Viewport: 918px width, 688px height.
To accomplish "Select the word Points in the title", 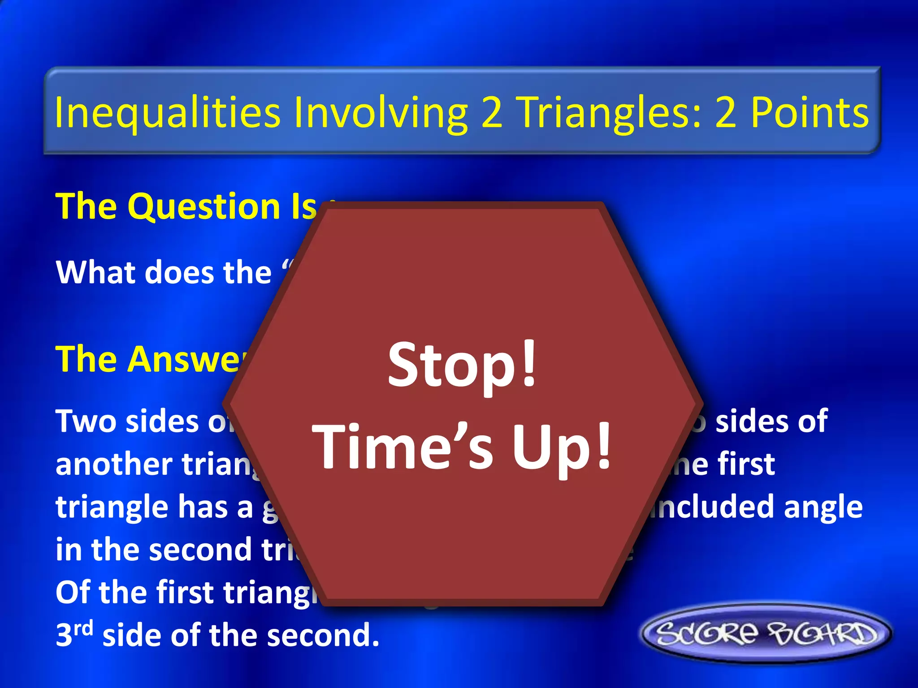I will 810,113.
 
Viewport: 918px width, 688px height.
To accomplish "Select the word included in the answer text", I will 713,507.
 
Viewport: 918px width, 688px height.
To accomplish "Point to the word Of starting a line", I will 72,592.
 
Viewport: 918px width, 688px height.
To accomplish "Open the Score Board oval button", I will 766,633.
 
